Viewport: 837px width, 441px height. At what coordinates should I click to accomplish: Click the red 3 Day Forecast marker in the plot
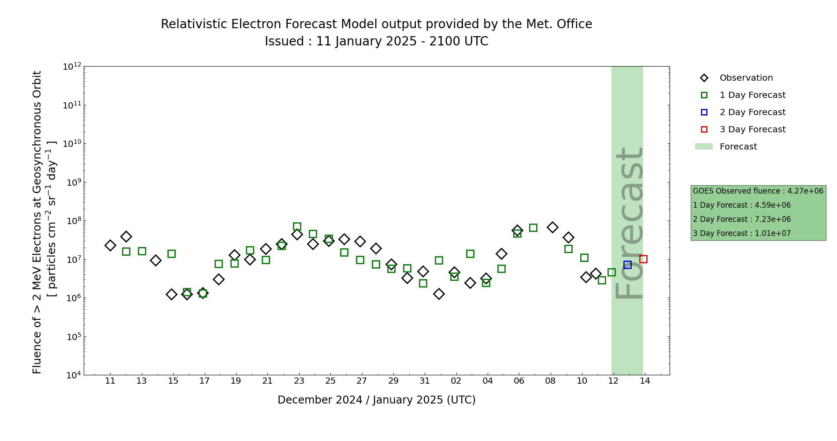pos(643,259)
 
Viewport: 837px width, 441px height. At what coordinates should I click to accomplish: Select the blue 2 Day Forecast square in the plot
pos(627,265)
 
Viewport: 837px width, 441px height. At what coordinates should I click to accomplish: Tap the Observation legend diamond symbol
pos(704,78)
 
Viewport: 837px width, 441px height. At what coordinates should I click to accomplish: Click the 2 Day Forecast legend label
pos(752,112)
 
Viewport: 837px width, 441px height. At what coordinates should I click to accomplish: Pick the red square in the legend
pos(704,130)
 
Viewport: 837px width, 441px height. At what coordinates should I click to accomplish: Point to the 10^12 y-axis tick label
pos(72,67)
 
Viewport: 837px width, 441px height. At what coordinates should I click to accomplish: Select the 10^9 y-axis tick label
pos(72,182)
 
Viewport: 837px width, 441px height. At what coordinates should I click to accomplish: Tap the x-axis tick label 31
pos(425,381)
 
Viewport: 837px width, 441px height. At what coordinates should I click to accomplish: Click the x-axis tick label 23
pos(299,381)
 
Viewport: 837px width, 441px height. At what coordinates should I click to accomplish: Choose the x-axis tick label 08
pos(550,381)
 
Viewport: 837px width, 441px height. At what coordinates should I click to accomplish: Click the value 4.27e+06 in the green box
pos(805,191)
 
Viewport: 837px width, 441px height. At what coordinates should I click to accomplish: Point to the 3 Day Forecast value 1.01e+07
pos(773,233)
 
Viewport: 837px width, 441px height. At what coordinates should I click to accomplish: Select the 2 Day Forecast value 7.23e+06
pos(773,219)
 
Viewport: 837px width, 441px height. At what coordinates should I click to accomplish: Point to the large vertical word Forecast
pos(629,223)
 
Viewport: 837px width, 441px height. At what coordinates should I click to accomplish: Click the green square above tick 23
pos(297,227)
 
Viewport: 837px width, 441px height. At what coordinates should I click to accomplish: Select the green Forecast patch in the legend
pos(704,147)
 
